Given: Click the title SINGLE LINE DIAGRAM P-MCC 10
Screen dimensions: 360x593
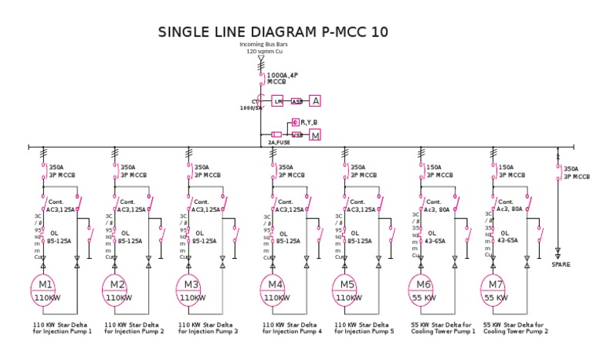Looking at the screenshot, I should (x=273, y=32).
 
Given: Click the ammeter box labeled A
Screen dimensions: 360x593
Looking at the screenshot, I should (x=315, y=100).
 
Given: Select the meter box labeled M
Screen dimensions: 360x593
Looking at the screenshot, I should (x=315, y=135).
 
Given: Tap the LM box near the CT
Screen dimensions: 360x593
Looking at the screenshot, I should (x=278, y=101).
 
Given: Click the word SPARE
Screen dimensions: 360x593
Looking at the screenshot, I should (x=561, y=264).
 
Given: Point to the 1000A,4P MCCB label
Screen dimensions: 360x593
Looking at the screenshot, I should (x=283, y=78).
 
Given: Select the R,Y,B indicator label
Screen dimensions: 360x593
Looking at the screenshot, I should (x=310, y=122).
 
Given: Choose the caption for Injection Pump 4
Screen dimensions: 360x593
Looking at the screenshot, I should (x=292, y=328).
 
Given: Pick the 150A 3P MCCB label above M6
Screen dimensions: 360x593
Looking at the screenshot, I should (x=438, y=171).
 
